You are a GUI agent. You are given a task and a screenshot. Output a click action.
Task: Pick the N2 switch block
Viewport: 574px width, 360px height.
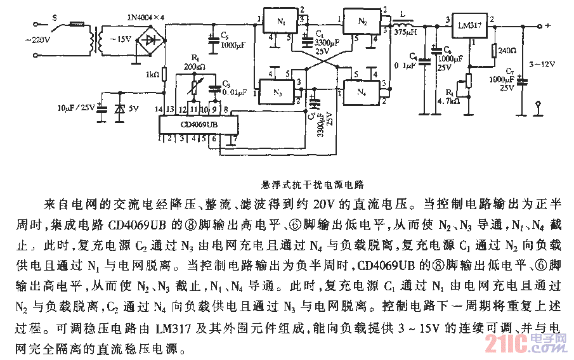click(x=362, y=22)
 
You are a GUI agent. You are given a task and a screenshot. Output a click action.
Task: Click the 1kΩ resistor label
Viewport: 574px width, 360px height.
click(x=152, y=75)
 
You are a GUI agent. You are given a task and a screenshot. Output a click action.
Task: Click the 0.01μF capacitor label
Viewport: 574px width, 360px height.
click(x=235, y=92)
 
